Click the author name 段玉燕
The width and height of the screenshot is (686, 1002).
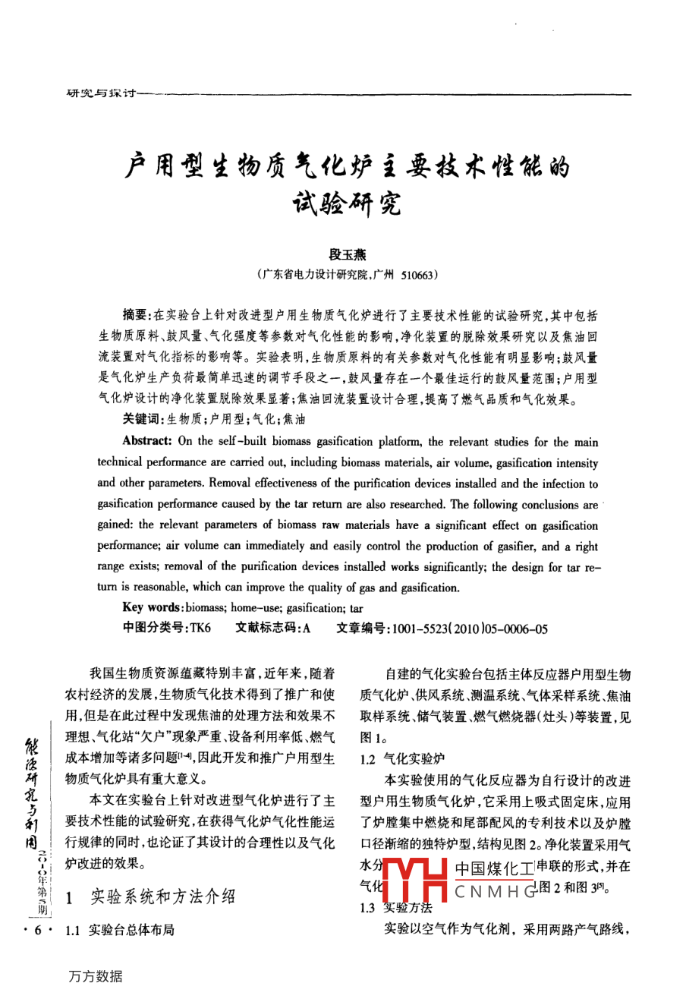pos(348,255)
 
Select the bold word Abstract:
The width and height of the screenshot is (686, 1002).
pos(147,441)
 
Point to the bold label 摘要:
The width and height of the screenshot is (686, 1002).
pos(137,315)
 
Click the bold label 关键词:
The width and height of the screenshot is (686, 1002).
pos(142,418)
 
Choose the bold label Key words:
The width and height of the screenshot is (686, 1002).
pos(153,607)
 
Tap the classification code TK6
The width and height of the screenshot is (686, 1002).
pos(200,628)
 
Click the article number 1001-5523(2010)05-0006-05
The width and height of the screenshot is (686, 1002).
pos(469,629)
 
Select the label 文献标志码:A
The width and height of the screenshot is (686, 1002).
pos(273,628)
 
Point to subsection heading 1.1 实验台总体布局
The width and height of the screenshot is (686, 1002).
pos(120,930)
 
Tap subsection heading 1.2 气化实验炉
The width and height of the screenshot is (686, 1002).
pos(402,758)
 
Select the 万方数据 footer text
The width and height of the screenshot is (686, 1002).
pos(95,976)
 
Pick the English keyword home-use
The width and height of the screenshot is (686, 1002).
pos(256,608)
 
